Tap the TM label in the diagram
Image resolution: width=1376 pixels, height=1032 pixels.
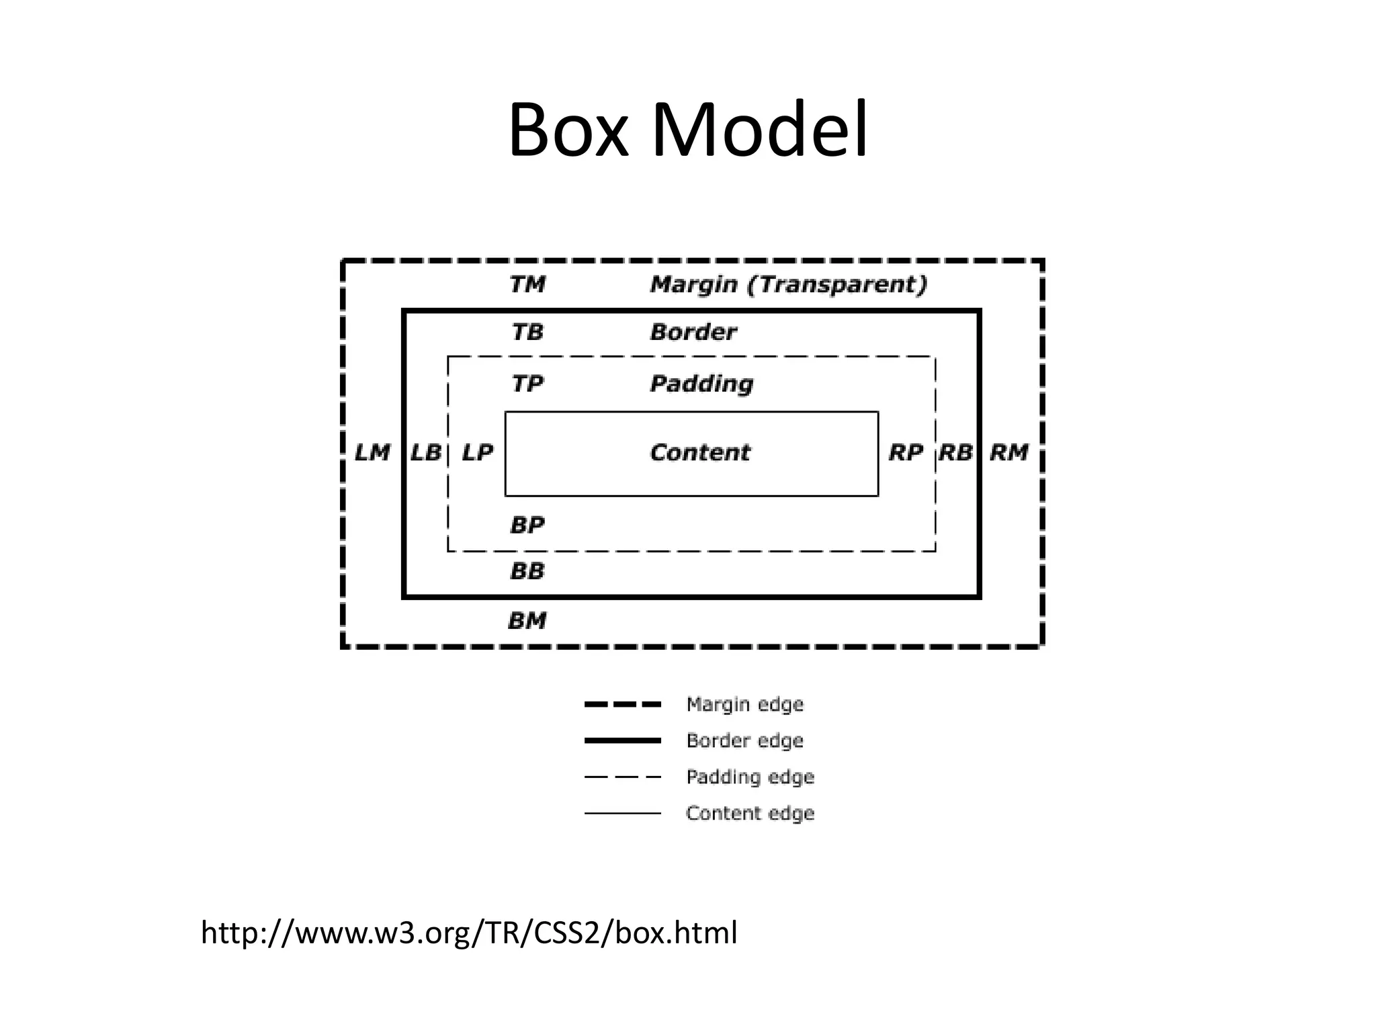(x=527, y=284)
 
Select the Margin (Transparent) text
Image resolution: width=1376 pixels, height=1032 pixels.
(x=789, y=284)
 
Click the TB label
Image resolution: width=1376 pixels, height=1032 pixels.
(x=527, y=332)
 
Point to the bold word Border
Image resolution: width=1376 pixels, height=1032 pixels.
(x=693, y=332)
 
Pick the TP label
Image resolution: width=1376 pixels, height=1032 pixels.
(x=527, y=384)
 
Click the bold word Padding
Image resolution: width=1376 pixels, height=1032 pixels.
(x=701, y=384)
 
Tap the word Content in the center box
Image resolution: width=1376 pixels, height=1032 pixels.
(x=699, y=453)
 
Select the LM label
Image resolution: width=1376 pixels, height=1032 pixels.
(x=372, y=453)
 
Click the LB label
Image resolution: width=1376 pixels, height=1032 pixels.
(x=425, y=453)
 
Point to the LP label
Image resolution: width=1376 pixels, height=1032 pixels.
(x=478, y=453)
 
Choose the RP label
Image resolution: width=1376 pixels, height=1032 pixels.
(x=906, y=453)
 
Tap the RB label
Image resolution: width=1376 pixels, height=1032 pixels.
(x=955, y=453)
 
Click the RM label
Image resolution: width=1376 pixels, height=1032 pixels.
(x=1009, y=453)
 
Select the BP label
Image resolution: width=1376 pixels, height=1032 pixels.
(x=527, y=525)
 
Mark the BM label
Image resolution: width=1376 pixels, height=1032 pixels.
(x=527, y=620)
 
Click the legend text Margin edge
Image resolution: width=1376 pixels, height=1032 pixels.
(x=744, y=704)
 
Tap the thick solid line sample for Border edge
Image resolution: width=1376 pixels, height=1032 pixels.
(x=623, y=740)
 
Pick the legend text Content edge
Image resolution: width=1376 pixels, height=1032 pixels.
(x=750, y=813)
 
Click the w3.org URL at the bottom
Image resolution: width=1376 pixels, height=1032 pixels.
(x=469, y=933)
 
